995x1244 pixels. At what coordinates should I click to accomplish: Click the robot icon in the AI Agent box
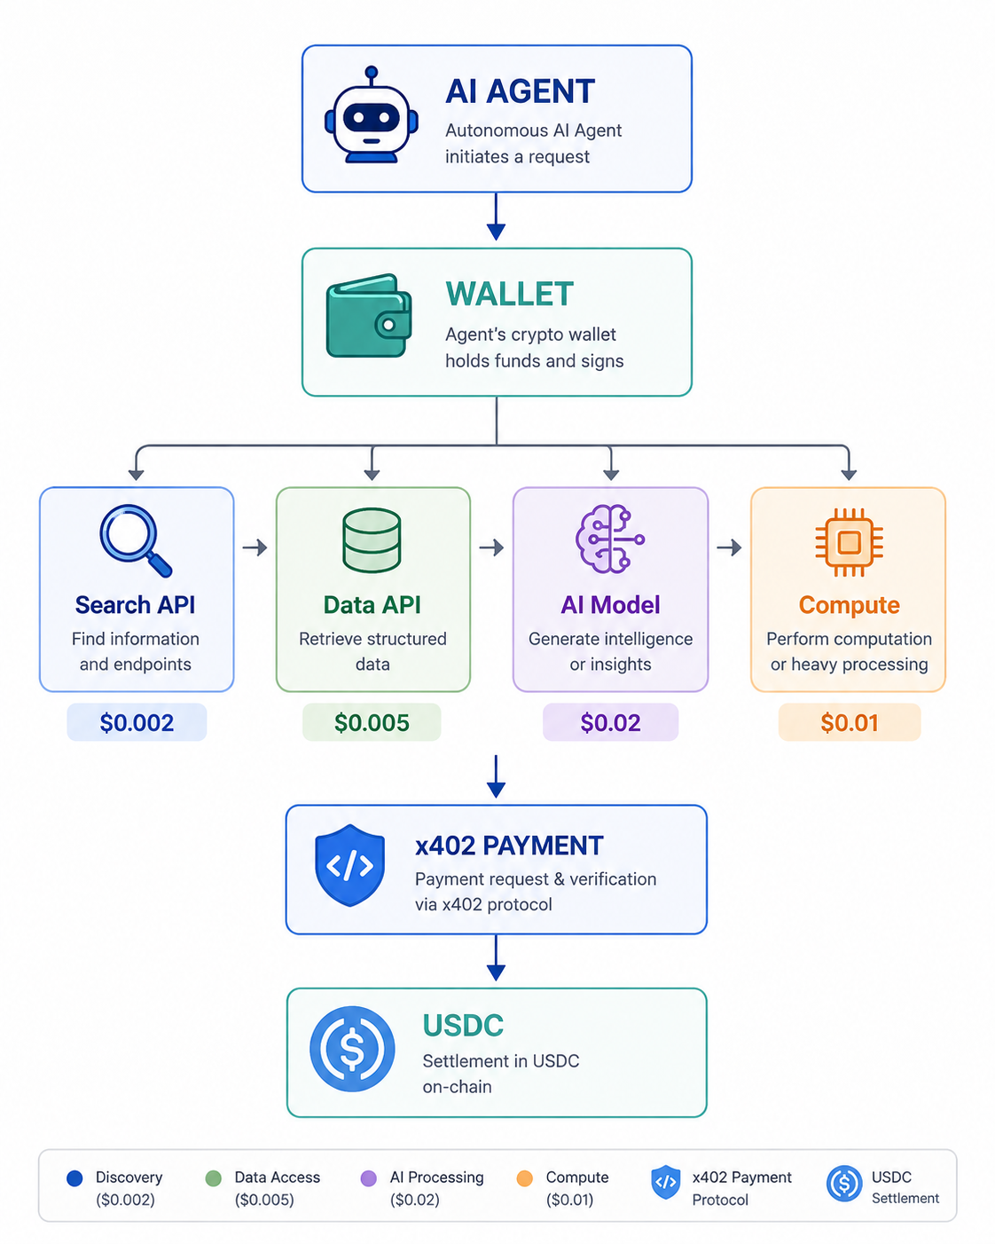(371, 115)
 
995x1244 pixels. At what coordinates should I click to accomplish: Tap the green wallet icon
(369, 316)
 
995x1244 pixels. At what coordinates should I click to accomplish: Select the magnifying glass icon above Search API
(135, 540)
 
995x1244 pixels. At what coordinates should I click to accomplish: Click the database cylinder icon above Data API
(372, 539)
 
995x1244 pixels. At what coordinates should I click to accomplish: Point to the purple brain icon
(609, 539)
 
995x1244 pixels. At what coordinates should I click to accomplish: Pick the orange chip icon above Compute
(849, 542)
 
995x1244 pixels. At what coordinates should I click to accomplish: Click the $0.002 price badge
(137, 722)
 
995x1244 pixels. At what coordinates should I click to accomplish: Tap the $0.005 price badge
(372, 722)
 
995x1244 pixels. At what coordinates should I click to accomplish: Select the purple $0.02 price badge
(610, 722)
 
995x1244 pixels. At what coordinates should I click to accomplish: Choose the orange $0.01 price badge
(850, 722)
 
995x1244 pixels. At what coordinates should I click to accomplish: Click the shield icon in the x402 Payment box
(349, 865)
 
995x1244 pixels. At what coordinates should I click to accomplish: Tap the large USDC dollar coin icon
(352, 1049)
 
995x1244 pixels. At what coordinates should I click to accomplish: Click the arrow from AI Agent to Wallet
(496, 217)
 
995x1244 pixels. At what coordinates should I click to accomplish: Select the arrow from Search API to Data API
(255, 547)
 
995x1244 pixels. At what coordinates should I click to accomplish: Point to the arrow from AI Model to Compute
(729, 547)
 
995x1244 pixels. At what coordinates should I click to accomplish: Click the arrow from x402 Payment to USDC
(496, 957)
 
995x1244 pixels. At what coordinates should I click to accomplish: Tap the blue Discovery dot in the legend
(74, 1178)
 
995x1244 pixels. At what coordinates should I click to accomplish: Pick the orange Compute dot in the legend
(525, 1178)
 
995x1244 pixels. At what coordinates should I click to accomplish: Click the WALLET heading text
(510, 294)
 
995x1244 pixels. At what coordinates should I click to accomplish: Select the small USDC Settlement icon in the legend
(844, 1183)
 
